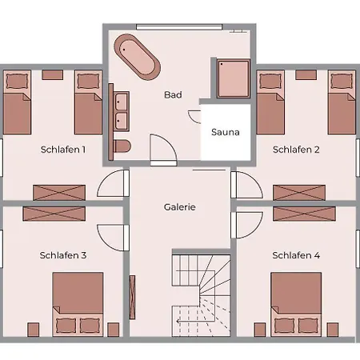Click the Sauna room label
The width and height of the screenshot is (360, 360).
pyautogui.click(x=226, y=132)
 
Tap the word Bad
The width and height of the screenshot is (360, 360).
pyautogui.click(x=173, y=94)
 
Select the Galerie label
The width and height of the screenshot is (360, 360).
pyautogui.click(x=180, y=207)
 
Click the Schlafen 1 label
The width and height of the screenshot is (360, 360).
pyautogui.click(x=63, y=150)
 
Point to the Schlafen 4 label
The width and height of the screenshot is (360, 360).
pyautogui.click(x=296, y=255)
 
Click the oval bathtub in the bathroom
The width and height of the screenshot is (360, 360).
pyautogui.click(x=137, y=57)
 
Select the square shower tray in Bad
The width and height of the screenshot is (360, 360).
pyautogui.click(x=234, y=78)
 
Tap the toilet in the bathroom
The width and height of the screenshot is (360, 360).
pyautogui.click(x=122, y=146)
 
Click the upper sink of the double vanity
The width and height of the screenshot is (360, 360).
pyautogui.click(x=122, y=102)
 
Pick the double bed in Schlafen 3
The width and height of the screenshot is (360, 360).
pyautogui.click(x=78, y=304)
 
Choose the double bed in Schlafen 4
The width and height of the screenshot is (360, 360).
pyautogui.click(x=296, y=304)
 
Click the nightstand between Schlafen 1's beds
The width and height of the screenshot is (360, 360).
pyautogui.click(x=53, y=75)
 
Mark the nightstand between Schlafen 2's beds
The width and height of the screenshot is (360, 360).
pyautogui.click(x=306, y=75)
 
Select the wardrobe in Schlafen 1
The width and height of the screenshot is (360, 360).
pyautogui.click(x=59, y=193)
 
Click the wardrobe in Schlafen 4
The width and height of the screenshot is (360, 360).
pyautogui.click(x=304, y=214)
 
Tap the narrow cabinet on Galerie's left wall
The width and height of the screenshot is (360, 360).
pyautogui.click(x=132, y=298)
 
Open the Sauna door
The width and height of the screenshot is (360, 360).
pyautogui.click(x=195, y=117)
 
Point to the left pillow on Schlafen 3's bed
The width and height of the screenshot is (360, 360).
pyautogui.click(x=66, y=326)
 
